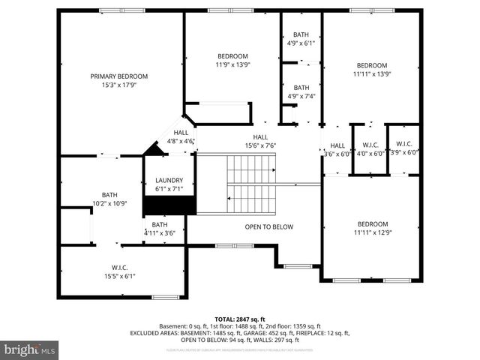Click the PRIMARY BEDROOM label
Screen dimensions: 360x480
click(119, 76)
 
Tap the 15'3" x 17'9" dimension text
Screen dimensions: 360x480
click(119, 84)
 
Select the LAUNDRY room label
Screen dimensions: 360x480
click(169, 181)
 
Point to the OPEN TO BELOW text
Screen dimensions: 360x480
click(269, 226)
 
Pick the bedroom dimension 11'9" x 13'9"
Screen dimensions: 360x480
click(233, 64)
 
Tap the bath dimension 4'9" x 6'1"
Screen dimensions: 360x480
click(301, 43)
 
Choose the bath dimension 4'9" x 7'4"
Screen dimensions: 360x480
click(301, 96)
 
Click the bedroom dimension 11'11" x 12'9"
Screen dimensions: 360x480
click(372, 232)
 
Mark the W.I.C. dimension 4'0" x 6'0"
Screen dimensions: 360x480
click(370, 153)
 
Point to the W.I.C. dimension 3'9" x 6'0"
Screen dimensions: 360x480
click(403, 152)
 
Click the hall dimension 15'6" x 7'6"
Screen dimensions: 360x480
click(260, 145)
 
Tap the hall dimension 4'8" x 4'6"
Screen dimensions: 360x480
click(181, 140)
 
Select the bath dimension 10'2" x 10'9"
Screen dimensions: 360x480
click(110, 203)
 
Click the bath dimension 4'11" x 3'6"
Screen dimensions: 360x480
click(160, 233)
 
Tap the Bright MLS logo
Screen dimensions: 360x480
click(30, 349)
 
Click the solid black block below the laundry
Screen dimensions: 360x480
click(180, 205)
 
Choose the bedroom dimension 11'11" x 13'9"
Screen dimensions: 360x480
click(372, 73)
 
